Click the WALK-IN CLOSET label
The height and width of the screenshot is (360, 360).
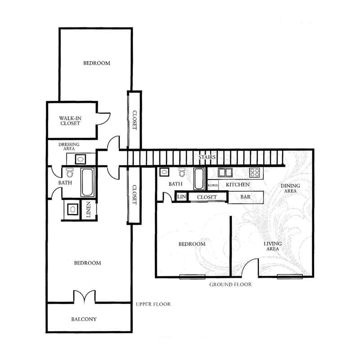pos(70,121)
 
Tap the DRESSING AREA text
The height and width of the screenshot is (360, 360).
pos(69,147)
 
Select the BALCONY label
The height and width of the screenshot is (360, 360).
pos(84,319)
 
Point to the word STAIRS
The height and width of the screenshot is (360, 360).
pos(207,157)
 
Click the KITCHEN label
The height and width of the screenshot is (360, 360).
pos(238,184)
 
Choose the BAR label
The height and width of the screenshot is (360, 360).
pos(245,197)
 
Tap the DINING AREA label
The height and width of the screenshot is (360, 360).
pos(290,188)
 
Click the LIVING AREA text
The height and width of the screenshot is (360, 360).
pos(273,246)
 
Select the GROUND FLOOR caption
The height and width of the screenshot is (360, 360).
pos(230,284)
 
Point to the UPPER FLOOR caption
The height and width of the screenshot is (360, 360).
pos(153,304)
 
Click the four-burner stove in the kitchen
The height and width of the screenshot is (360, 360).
pos(255,172)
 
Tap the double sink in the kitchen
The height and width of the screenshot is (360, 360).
pos(225,172)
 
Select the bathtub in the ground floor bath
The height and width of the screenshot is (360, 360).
pos(199,179)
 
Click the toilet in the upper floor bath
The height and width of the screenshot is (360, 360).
pos(70,173)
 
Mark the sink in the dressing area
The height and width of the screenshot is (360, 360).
pos(81,159)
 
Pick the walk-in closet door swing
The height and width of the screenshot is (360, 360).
pos(104,119)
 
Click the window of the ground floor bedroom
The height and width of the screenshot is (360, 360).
pos(192,277)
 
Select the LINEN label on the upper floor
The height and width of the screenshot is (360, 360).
pos(88,209)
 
